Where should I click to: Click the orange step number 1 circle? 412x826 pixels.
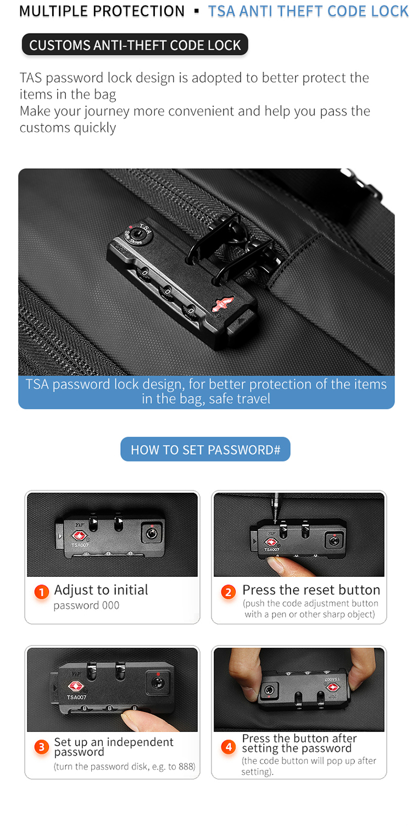coord(42,592)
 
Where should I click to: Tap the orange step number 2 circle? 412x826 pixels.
coord(228,592)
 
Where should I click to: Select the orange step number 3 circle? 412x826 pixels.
coord(42,747)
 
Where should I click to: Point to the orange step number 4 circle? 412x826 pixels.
coord(228,747)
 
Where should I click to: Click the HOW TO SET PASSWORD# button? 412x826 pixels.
coord(205,449)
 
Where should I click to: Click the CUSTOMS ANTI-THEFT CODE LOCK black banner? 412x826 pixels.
coord(135,45)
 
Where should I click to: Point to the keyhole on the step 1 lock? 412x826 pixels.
coord(152,532)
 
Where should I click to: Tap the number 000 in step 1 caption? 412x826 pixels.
coord(110,605)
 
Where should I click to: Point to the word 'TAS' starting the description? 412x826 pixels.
coord(32,78)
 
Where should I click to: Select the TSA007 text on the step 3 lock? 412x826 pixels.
coord(77,697)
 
